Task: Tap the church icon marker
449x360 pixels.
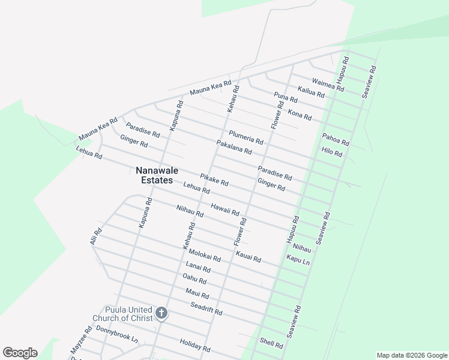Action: [161, 313]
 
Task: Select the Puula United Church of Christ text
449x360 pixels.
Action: [121, 314]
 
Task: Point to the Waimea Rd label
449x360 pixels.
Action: [328, 85]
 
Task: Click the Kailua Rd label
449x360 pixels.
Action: [311, 91]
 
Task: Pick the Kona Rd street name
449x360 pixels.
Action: [300, 114]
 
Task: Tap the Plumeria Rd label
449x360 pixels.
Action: [246, 137]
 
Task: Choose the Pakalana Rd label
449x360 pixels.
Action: [234, 147]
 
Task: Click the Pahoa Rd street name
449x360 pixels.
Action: [335, 140]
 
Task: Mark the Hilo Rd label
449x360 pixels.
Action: [331, 152]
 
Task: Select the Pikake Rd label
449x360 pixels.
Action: [214, 179]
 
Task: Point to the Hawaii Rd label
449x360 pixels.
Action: [225, 209]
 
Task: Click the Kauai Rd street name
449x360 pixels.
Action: [248, 257]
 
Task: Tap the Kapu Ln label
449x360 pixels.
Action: [298, 260]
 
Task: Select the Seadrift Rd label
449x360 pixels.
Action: [206, 308]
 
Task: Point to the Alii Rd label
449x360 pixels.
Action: [97, 236]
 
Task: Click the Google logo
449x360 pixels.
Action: [20, 353]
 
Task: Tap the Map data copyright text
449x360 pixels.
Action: [412, 355]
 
